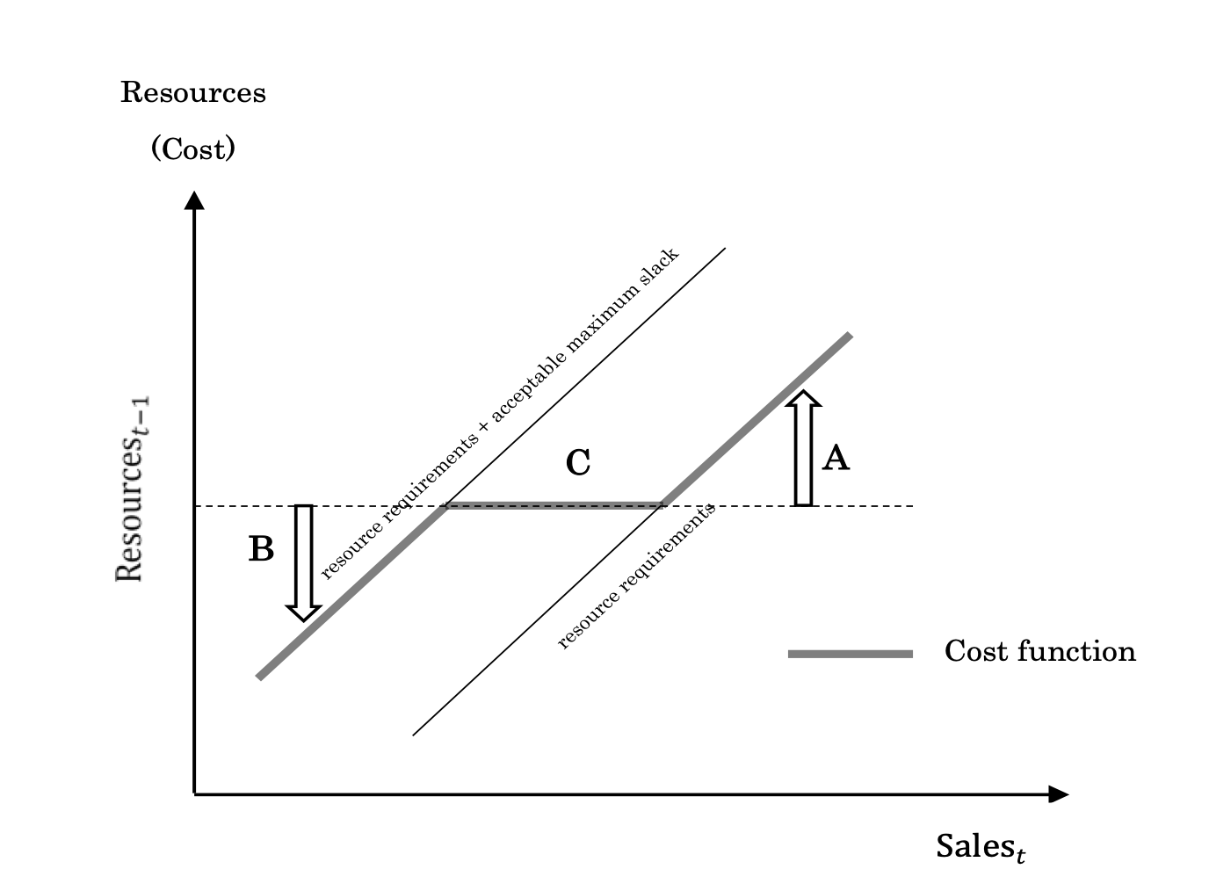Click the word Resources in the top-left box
[192, 92]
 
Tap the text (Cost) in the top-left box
[193, 148]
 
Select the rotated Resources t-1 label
[130, 488]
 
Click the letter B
[261, 549]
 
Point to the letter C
[578, 462]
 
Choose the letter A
[836, 458]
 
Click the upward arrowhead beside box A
[803, 400]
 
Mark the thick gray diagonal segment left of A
[703, 466]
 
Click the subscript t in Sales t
[1019, 853]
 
